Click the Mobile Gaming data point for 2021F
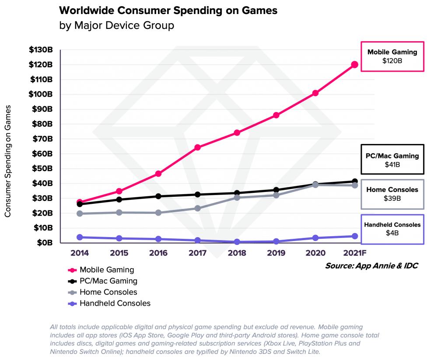[354, 65]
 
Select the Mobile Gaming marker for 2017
[197, 147]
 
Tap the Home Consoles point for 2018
[237, 197]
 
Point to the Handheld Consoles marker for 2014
[80, 237]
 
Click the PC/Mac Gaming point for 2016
[158, 196]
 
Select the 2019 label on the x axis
[276, 253]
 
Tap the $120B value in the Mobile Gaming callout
[392, 61]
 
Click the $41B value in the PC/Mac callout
[392, 164]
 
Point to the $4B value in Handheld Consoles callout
[392, 233]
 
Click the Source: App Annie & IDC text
[371, 266]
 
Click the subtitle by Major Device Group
[116, 25]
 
